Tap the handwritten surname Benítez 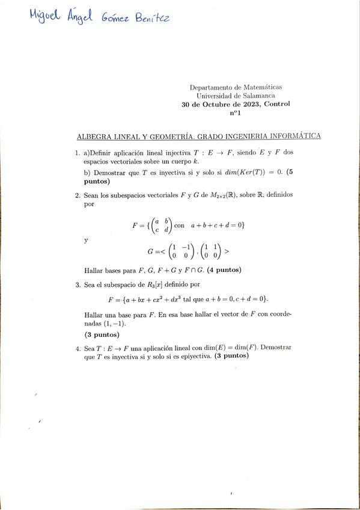tap(150, 20)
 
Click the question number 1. tap(78, 153)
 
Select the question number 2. tap(78, 195)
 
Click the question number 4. tap(78, 348)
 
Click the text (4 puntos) tap(220, 270)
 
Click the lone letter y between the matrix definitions tap(86, 240)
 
